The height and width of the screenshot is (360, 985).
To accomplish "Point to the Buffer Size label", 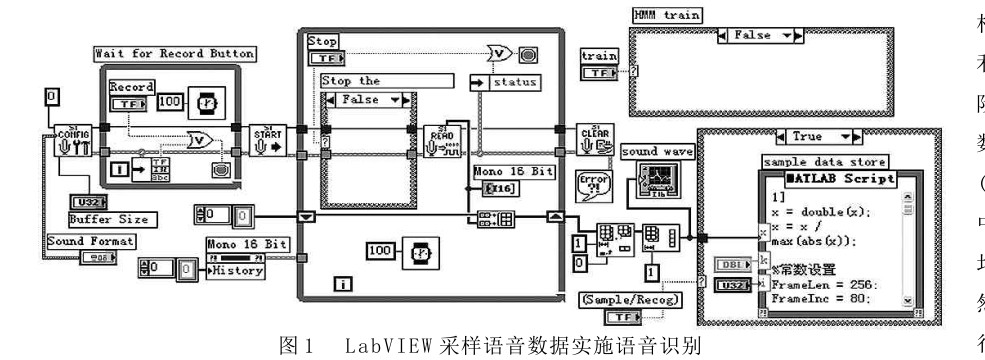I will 109,218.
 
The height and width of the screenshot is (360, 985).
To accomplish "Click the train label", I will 598,57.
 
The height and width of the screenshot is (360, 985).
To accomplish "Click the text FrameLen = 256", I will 820,284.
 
